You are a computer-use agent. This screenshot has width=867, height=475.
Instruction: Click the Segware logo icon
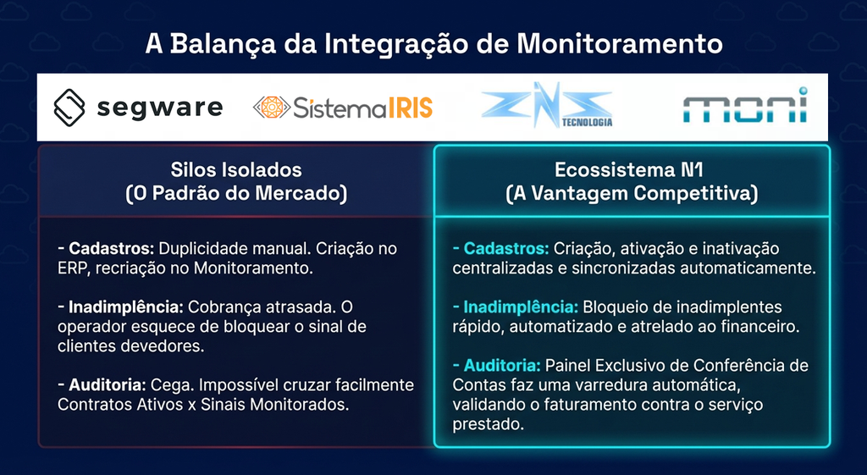[69, 108]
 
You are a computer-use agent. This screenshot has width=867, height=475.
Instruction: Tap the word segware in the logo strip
[160, 108]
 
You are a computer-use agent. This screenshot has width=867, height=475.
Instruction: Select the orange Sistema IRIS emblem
[272, 108]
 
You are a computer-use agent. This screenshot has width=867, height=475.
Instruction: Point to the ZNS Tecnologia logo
[546, 105]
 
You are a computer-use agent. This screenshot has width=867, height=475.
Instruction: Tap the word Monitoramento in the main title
[619, 44]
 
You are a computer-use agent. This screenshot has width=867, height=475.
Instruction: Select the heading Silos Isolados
[236, 169]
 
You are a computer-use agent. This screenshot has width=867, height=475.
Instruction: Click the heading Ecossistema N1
[629, 169]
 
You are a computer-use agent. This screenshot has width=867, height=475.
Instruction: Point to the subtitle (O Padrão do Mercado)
[236, 194]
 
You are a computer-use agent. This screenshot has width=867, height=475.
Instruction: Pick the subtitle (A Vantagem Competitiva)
[632, 194]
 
